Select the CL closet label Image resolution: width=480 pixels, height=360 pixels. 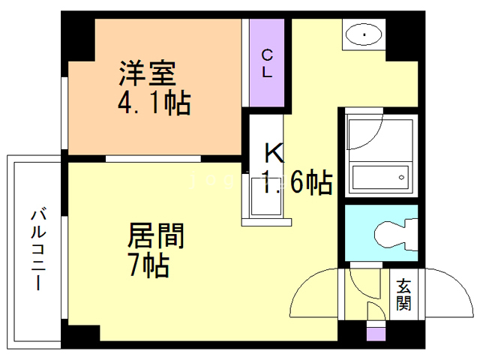[267, 63]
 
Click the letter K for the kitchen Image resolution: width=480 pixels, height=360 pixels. [274, 154]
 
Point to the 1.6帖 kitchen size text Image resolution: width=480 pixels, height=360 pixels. [297, 182]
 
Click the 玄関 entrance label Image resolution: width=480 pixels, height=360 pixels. [404, 294]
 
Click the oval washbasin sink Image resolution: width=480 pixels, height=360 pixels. [364, 34]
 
